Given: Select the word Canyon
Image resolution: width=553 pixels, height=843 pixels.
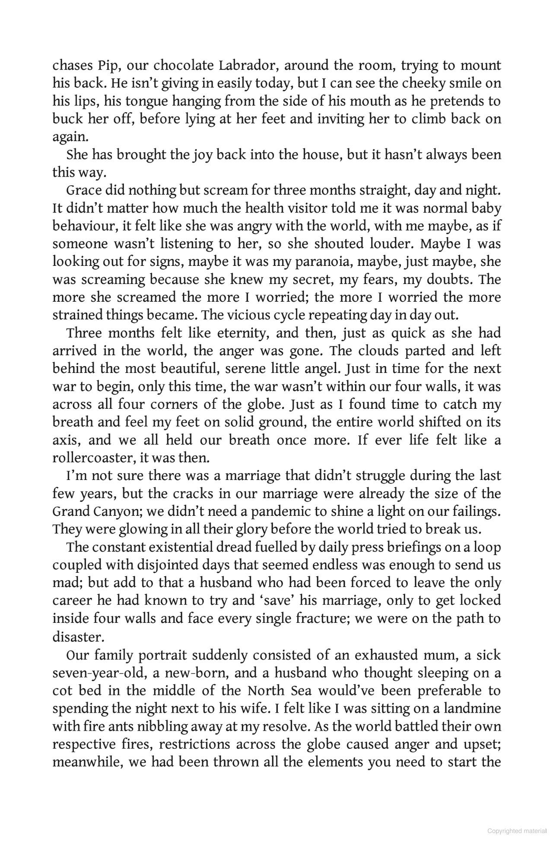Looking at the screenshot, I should [x=114, y=511].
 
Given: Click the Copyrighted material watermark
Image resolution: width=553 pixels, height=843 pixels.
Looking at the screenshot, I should [x=517, y=831].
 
